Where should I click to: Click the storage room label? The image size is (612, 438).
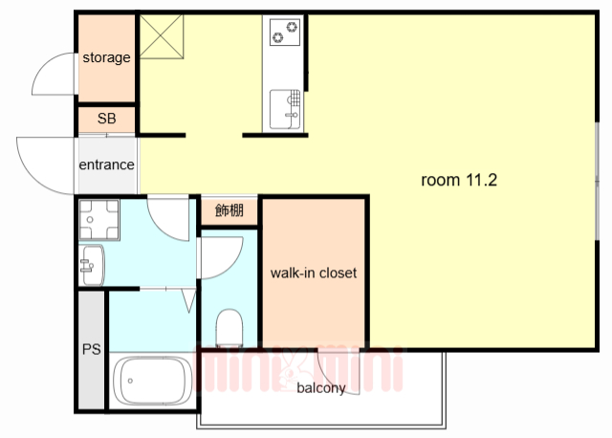coord(105,57)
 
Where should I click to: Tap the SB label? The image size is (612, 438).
coord(106,120)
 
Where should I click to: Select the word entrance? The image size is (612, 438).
coord(106,164)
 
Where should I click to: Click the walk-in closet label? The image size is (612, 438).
coord(313,274)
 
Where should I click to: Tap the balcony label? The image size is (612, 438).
coord(320,388)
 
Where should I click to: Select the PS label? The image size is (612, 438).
coord(91,349)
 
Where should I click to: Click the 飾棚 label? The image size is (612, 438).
coord(229,210)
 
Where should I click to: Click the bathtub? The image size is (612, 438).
coord(152,382)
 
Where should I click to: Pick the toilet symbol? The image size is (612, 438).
coord(230,326)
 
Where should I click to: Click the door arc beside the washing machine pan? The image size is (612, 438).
coord(170,217)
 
